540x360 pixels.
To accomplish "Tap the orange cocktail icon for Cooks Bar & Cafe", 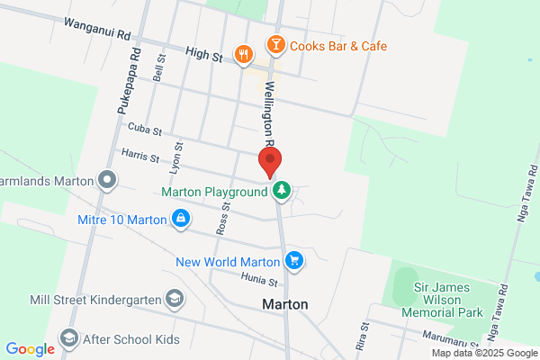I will click(x=274, y=44).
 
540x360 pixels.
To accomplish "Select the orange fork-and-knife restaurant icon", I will click(x=243, y=56).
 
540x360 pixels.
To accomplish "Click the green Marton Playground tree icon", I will click(x=282, y=191).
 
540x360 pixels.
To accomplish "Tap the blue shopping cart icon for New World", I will click(x=293, y=262).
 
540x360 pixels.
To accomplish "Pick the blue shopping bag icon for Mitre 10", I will click(x=181, y=218).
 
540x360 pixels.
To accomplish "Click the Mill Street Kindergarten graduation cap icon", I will click(x=174, y=298).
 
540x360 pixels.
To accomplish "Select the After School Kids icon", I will click(x=68, y=338).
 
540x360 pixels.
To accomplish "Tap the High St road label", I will click(x=203, y=56).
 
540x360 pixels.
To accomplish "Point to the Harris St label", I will click(x=139, y=157).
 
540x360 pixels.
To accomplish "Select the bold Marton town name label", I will click(x=284, y=304).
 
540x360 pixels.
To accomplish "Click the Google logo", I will click(x=30, y=348).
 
